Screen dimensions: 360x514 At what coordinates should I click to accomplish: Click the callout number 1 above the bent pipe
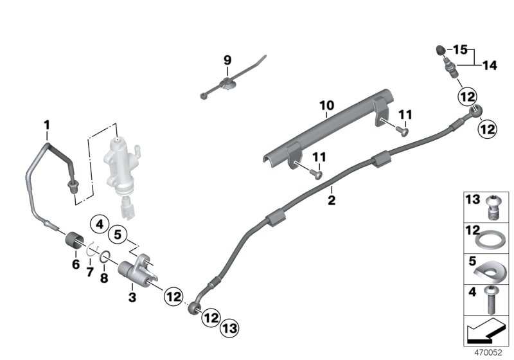pyautogui.click(x=46, y=123)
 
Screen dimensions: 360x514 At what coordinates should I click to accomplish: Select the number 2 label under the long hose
pyautogui.click(x=332, y=199)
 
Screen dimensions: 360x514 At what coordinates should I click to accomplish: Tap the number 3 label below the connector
pyautogui.click(x=132, y=297)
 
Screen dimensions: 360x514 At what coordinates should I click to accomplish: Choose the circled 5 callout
pyautogui.click(x=118, y=235)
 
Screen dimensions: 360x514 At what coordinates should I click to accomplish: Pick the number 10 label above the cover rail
pyautogui.click(x=90, y=273)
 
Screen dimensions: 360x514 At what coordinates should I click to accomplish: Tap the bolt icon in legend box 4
pyautogui.click(x=491, y=301)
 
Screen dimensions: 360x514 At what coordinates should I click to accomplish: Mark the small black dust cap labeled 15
pyautogui.click(x=439, y=49)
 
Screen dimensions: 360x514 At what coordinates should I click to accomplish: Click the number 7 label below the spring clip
pyautogui.click(x=90, y=273)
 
